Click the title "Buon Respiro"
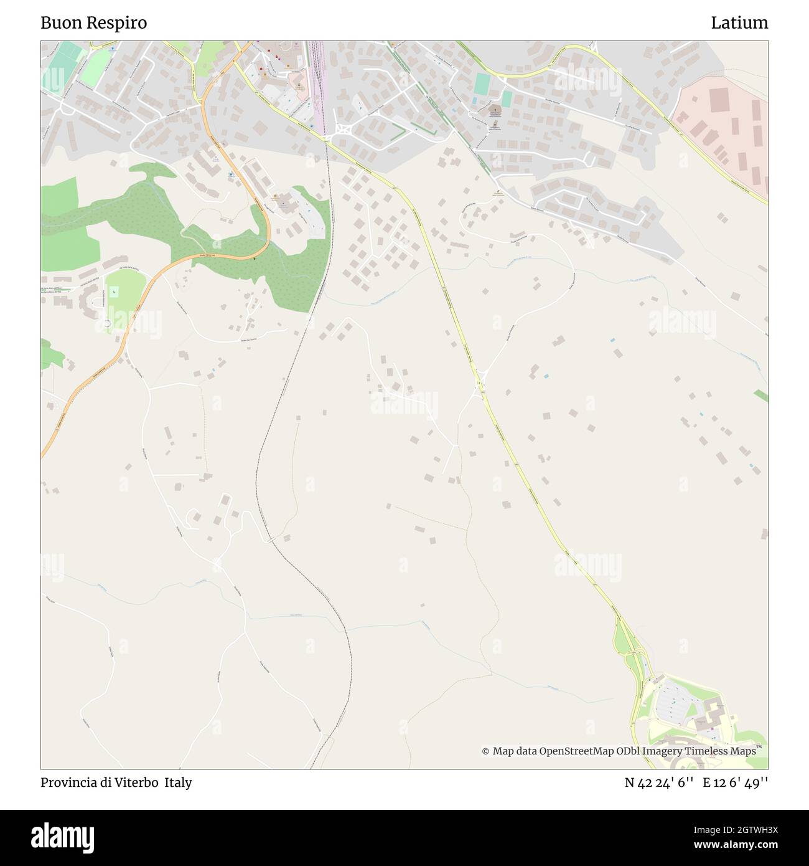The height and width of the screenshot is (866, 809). point(93,23)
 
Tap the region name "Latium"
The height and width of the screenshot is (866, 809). point(739,23)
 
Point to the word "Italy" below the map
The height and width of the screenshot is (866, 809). point(178,783)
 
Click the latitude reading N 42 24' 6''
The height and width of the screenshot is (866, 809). point(659,783)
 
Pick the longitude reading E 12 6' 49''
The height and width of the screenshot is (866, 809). point(736,783)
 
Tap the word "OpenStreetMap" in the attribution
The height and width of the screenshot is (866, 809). point(568,751)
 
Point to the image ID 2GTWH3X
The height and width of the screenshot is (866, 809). point(739,829)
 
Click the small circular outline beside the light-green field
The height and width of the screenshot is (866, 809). point(107,323)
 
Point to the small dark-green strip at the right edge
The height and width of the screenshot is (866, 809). point(760,395)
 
